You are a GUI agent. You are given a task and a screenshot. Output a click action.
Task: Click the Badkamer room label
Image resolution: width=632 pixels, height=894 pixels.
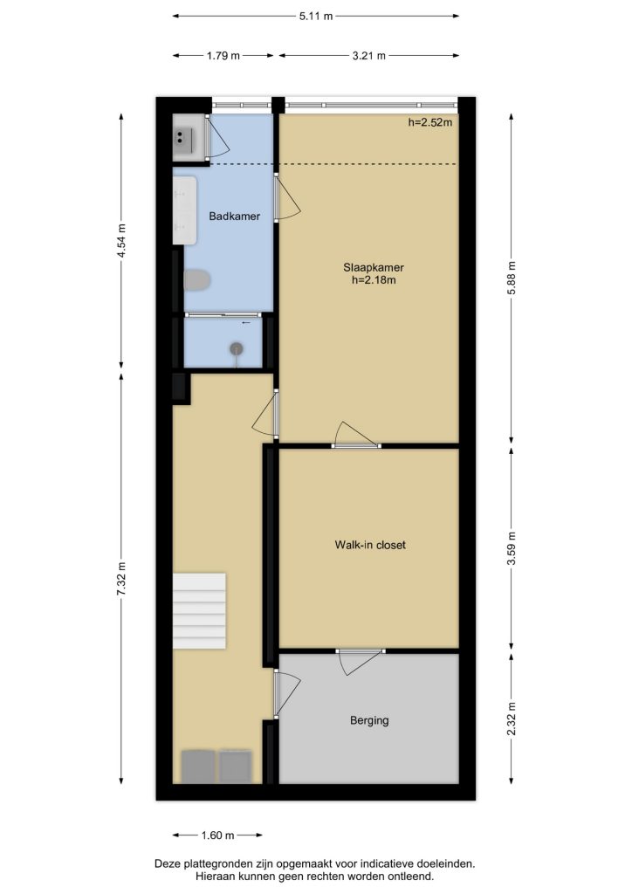(x=234, y=217)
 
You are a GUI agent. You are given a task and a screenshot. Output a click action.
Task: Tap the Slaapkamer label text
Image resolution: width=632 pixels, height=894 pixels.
(x=374, y=267)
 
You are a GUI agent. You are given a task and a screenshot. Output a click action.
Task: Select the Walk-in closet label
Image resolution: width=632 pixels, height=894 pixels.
(x=370, y=545)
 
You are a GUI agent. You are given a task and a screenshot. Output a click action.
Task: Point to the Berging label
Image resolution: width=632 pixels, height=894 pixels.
(x=369, y=720)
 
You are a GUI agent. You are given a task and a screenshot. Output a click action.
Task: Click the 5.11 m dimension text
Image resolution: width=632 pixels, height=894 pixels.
(x=316, y=16)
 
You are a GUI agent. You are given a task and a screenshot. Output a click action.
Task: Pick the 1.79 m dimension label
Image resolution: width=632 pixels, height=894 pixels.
(x=223, y=56)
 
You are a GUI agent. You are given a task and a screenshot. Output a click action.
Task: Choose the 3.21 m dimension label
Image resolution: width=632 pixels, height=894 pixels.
(x=368, y=56)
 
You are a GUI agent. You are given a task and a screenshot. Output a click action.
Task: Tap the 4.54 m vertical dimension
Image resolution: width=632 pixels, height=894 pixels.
(x=121, y=241)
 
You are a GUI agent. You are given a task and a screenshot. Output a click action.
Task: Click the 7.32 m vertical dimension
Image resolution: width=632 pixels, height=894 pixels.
(x=121, y=580)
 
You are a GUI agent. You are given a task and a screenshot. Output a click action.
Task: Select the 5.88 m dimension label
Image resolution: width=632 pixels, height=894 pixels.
(x=512, y=278)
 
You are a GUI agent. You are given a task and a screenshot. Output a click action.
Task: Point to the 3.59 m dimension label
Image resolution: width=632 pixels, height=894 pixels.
(x=512, y=548)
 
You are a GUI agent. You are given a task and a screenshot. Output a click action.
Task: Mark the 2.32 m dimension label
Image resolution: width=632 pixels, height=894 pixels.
(x=512, y=719)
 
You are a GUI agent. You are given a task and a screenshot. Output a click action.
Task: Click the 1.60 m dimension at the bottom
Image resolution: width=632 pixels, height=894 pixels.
(x=217, y=836)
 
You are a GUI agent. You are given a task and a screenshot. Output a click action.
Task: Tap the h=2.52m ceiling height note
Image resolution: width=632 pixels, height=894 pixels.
(x=430, y=122)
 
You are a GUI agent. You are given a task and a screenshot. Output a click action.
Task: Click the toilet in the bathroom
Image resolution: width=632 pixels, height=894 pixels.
(x=197, y=280)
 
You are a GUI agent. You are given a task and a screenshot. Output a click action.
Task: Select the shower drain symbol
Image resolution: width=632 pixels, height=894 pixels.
(x=237, y=348)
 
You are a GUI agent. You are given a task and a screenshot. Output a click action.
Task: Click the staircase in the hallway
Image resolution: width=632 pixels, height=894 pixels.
(x=199, y=610)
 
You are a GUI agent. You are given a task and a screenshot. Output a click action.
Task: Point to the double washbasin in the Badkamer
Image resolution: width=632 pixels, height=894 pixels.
(x=185, y=210)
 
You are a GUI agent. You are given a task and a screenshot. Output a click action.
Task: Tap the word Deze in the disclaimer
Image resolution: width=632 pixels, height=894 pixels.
(x=167, y=864)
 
